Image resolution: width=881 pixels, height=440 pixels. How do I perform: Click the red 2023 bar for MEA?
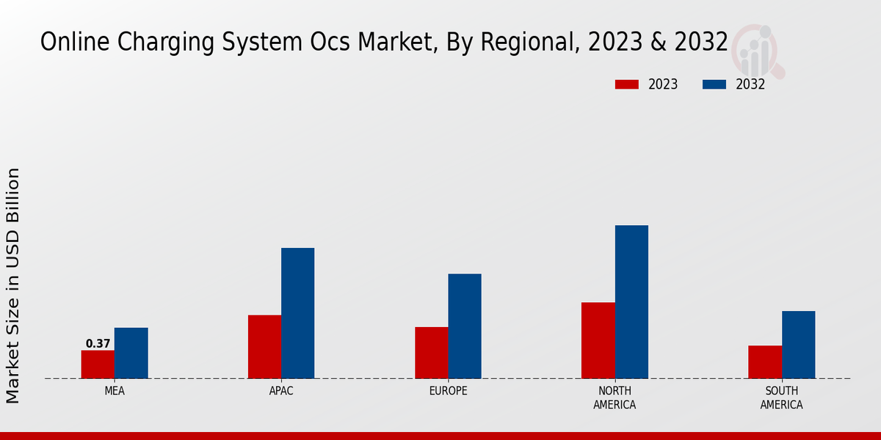point(98,364)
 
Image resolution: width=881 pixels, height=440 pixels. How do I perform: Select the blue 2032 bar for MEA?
point(131,353)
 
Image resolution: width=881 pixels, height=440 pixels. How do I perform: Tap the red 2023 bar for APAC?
point(264,347)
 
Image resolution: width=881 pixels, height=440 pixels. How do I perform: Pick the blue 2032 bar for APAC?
point(297,313)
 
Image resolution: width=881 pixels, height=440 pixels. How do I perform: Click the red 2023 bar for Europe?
point(431,353)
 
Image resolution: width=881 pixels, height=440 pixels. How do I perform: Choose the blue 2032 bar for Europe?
point(465,326)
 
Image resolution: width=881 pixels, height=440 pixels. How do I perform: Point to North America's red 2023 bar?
point(598,340)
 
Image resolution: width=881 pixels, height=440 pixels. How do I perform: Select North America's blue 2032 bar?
point(631,301)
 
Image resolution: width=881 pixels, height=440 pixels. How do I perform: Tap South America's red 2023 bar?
point(765,362)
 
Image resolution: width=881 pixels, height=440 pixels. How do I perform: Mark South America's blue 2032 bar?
point(798,345)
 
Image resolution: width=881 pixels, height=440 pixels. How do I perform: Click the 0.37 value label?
point(98,343)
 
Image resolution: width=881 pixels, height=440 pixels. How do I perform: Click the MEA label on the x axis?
point(115,391)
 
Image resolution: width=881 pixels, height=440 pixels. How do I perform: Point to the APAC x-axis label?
point(281,391)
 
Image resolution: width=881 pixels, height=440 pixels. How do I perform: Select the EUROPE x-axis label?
point(448,391)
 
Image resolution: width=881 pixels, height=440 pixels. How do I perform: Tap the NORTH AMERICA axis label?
point(614,397)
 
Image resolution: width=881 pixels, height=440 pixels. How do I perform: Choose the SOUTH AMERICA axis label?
point(781,397)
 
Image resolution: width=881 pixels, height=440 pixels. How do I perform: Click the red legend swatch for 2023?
point(627,84)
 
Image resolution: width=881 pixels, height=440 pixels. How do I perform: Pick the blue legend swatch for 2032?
point(714,84)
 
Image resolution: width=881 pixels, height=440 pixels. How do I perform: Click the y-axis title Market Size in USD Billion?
point(13,285)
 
